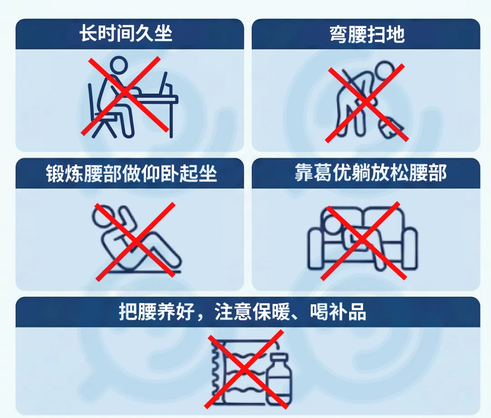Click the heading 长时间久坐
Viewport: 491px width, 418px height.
126,34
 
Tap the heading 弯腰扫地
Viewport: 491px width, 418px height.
367,34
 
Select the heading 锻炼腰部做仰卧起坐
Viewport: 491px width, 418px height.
131,173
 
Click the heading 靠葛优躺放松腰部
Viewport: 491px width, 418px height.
371,173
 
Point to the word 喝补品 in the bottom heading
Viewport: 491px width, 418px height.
338,312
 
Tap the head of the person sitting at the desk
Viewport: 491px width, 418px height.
118,66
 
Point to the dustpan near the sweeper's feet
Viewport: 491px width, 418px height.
391,127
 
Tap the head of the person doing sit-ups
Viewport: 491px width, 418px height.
102,216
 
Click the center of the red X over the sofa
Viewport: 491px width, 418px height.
363,240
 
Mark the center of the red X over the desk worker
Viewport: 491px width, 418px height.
125,94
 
